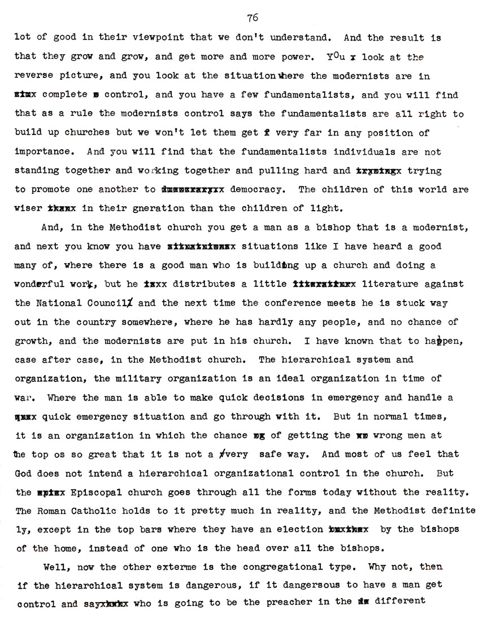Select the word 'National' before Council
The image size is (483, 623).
click(x=66, y=303)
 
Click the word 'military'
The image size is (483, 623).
click(x=122, y=378)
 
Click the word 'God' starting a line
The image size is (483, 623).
click(x=23, y=473)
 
